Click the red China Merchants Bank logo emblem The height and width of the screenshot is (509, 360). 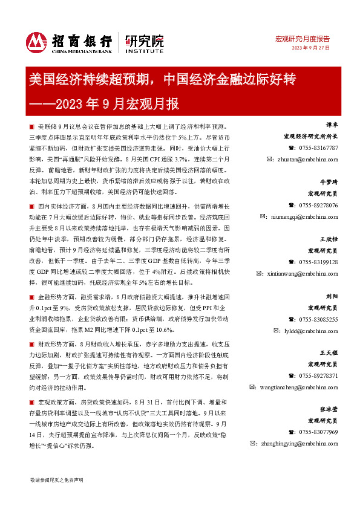36,42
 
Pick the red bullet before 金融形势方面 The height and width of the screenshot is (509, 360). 31,298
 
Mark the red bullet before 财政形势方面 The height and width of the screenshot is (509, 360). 31,343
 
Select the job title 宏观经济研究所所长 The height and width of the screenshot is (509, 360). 311,137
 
